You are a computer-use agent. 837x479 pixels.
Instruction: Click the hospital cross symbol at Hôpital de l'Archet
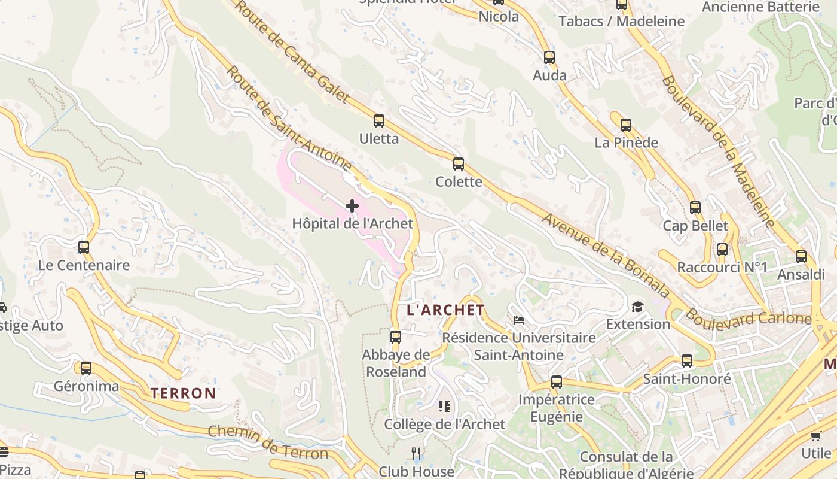tap(352, 206)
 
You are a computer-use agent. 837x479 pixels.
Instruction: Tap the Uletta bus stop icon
tap(379, 121)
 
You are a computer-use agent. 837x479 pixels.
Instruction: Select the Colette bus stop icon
tap(459, 164)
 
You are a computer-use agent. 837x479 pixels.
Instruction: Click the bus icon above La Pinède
tap(626, 125)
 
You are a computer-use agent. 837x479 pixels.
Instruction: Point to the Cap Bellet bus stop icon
tap(695, 208)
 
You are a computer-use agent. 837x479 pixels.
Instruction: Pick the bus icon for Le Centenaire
tap(84, 247)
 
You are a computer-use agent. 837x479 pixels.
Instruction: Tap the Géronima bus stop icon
tap(86, 368)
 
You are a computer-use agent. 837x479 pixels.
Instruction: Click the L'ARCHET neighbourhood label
tap(445, 310)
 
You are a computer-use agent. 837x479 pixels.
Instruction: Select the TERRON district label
tap(183, 393)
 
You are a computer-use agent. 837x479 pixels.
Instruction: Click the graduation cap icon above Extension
tap(638, 307)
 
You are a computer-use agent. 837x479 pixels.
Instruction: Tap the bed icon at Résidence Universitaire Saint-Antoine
tap(519, 320)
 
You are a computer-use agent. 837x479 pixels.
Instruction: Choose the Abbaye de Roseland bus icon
tap(396, 336)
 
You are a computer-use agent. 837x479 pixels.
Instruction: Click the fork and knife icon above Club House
tap(417, 454)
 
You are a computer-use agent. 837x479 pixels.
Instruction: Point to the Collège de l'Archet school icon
tap(444, 407)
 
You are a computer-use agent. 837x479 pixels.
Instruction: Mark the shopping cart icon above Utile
tap(816, 435)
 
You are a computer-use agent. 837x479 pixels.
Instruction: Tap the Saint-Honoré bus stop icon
tap(687, 361)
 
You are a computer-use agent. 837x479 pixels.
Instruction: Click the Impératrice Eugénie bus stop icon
tap(557, 381)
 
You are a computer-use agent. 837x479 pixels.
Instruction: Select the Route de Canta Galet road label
tap(291, 51)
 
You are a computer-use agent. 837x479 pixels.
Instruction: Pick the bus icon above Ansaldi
tap(801, 257)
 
